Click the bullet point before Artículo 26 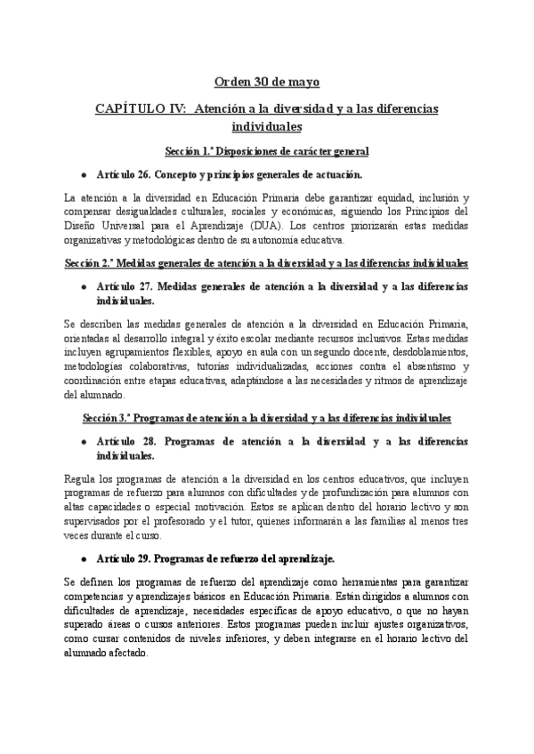tap(83, 174)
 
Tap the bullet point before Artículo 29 tap(83, 558)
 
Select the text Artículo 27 tap(127, 286)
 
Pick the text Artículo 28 tap(127, 440)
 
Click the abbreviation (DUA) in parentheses tap(317, 226)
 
